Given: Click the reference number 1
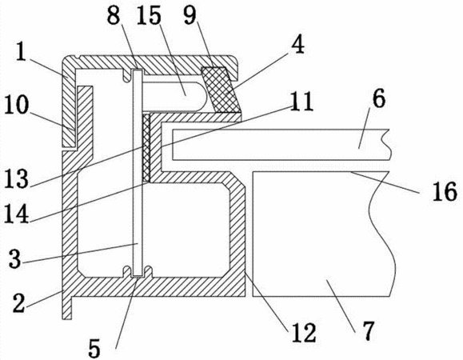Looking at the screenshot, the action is tap(20, 52).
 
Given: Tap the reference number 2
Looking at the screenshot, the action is tap(19, 303).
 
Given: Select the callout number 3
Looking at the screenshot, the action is tap(15, 258).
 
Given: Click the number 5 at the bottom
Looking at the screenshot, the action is tap(95, 349).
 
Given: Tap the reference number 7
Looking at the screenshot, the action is tap(368, 330).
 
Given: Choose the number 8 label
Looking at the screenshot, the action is tap(114, 15).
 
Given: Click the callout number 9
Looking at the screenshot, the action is tap(190, 15).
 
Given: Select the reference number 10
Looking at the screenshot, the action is tap(17, 105).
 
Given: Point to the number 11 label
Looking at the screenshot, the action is tap(301, 102).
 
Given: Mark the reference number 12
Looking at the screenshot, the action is tap(304, 333).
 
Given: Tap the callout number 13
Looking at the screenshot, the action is tap(17, 178).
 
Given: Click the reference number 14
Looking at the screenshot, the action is tap(17, 214).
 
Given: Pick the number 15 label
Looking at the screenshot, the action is tap(149, 15).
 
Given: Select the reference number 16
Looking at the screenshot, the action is tap(445, 192).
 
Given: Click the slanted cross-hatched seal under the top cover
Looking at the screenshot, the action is tap(220, 89).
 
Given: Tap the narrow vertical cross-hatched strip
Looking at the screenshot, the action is tap(146, 148).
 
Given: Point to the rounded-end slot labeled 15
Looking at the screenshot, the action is tap(174, 96).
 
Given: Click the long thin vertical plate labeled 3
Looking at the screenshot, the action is tap(138, 173).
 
